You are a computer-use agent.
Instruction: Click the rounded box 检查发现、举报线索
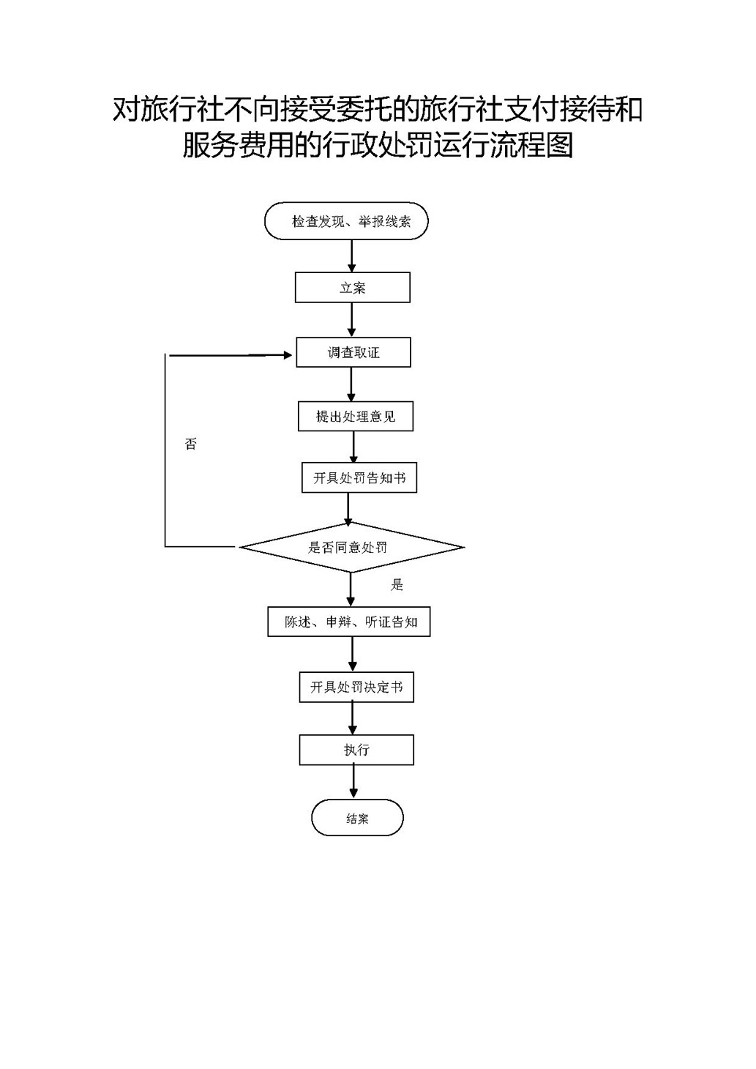(346, 221)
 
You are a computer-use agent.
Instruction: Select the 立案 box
(352, 288)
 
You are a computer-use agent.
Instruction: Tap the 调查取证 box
(353, 352)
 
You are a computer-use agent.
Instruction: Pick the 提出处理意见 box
(356, 417)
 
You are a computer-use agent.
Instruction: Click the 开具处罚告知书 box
(359, 478)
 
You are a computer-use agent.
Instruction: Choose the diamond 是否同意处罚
(351, 547)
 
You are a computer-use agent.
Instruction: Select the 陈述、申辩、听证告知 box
(349, 622)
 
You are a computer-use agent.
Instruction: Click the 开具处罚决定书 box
(356, 688)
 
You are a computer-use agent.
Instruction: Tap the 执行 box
(356, 750)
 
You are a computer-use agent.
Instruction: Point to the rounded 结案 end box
(357, 819)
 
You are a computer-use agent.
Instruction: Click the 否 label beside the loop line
(191, 444)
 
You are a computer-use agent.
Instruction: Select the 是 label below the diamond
(397, 584)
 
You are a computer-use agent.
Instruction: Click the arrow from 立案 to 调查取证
(352, 320)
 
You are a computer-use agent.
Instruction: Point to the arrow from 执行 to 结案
(354, 783)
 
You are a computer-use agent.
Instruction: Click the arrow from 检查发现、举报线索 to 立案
(352, 256)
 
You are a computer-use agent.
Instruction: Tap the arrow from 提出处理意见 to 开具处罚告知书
(354, 447)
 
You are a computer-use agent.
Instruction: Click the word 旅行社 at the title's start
(180, 110)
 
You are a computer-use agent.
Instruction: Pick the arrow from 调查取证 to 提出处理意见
(352, 384)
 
